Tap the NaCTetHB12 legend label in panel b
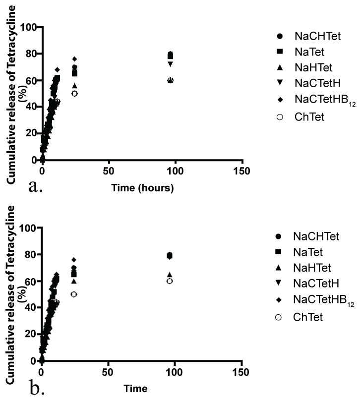click(x=317, y=299)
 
